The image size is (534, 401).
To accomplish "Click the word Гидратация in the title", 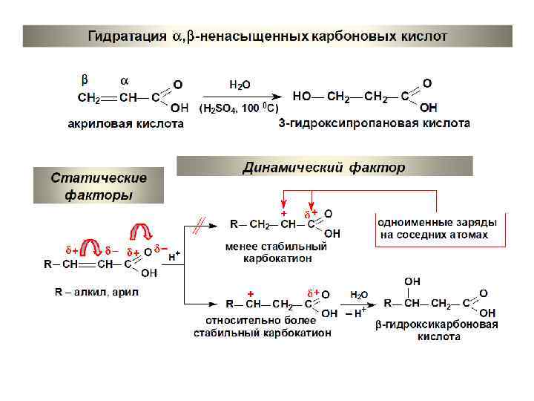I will click(127, 36).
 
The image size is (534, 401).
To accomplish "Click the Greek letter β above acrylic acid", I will click(85, 79).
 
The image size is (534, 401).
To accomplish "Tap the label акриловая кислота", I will click(125, 123).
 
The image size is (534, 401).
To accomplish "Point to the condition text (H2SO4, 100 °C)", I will click(239, 108).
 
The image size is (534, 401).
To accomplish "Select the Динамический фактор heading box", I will click(324, 167).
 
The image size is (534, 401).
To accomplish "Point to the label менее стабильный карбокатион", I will click(276, 252).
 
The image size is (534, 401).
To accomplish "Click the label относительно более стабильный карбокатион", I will click(263, 327).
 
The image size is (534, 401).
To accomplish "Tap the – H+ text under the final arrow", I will click(357, 313).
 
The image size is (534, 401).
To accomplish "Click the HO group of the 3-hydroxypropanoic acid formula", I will click(302, 97).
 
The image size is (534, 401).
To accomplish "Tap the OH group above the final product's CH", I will click(412, 281).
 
